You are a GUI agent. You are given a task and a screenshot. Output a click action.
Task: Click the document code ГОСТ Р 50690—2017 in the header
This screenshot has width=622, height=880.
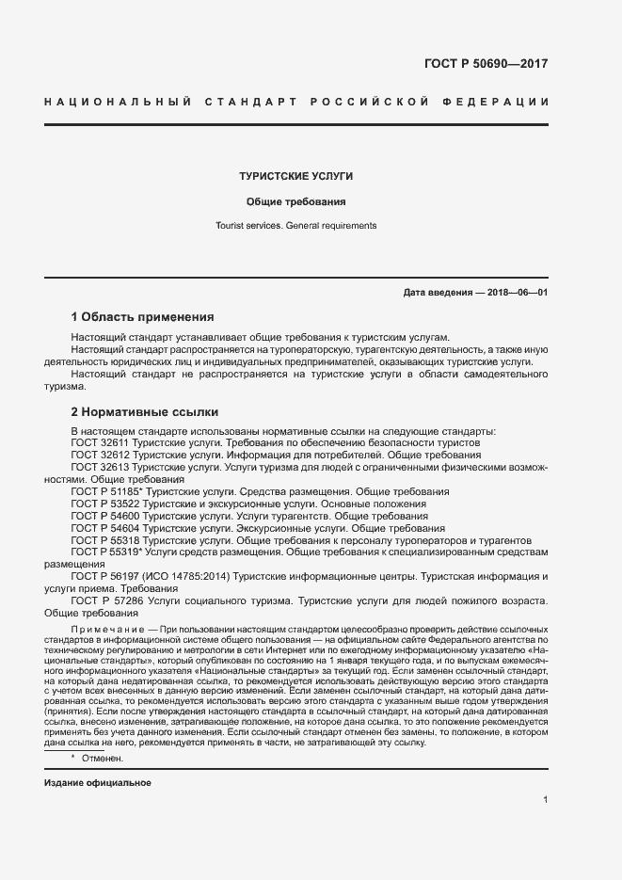[x=487, y=64]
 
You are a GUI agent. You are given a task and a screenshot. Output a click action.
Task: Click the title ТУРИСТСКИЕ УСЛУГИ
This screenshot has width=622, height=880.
[x=296, y=176]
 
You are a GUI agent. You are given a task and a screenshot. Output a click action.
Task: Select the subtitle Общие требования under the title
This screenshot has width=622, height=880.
[x=296, y=201]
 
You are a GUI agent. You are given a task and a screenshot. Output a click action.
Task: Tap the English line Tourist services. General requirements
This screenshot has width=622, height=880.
[x=296, y=226]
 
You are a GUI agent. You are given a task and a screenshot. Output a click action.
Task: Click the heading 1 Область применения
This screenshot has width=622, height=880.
[x=142, y=316]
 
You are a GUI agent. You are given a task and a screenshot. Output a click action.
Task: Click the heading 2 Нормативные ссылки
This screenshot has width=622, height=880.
[x=144, y=411]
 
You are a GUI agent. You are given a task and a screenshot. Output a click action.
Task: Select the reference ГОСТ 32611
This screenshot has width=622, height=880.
[x=101, y=442]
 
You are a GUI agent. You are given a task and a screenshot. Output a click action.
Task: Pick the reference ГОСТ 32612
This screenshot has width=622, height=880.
[x=101, y=455]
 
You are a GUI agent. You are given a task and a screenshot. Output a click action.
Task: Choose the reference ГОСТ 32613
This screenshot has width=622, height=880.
[x=101, y=467]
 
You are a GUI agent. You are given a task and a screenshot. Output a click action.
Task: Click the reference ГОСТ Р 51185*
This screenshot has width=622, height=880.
[x=107, y=491]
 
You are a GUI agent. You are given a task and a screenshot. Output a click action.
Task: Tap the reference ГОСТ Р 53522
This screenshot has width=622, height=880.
[x=105, y=504]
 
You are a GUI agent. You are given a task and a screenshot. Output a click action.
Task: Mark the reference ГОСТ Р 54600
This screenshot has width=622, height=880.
[x=105, y=516]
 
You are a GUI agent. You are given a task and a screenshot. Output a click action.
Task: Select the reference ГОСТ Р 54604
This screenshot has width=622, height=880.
[x=105, y=528]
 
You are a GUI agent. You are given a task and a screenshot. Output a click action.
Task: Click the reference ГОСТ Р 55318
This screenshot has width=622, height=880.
[x=105, y=540]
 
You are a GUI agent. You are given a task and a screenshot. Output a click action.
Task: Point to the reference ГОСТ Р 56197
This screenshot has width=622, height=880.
[x=106, y=575]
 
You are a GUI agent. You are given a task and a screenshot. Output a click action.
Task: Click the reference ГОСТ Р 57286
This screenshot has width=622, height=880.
[x=107, y=600]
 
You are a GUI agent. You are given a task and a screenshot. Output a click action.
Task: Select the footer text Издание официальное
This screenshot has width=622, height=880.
[x=98, y=783]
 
